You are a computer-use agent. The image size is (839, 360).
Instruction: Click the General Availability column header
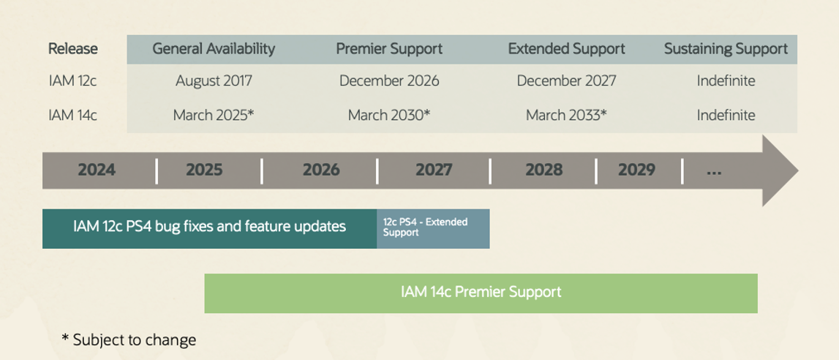tap(214, 49)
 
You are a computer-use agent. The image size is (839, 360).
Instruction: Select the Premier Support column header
tap(389, 49)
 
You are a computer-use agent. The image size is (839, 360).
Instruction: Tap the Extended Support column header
tap(566, 49)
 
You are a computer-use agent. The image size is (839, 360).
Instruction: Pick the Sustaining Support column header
tap(726, 49)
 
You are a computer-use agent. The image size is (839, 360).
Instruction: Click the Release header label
tap(72, 49)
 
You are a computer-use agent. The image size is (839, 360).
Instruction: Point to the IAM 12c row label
tap(72, 80)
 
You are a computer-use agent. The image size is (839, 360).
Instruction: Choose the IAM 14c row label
tap(72, 115)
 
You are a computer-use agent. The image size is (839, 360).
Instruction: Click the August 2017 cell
tap(214, 80)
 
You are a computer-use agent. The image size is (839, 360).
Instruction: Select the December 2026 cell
tap(389, 80)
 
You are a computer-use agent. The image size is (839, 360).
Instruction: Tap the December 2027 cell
tap(566, 80)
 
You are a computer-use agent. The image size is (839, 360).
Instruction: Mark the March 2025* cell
tap(214, 115)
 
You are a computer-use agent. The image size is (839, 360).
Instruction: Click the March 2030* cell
tap(389, 115)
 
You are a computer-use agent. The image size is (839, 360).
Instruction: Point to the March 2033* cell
tap(566, 115)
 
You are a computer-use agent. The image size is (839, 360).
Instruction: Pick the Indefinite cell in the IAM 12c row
tap(726, 80)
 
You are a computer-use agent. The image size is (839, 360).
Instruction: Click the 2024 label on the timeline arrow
tap(97, 170)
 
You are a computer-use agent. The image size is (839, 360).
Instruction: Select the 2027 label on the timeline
tap(434, 170)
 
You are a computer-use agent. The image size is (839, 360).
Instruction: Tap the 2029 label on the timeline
tap(636, 170)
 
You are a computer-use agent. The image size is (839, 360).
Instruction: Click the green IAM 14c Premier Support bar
tap(481, 292)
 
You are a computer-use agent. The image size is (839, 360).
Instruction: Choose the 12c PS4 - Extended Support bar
tap(433, 228)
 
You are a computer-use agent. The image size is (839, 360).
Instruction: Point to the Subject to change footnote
tap(129, 340)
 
